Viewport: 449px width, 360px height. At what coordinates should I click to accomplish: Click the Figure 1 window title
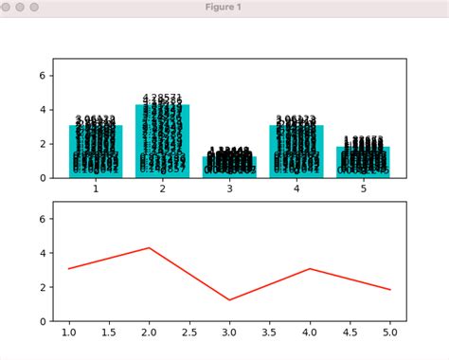tap(224, 8)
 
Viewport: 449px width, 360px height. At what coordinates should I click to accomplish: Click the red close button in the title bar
tap(8, 8)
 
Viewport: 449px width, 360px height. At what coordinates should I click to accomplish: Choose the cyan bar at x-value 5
tap(363, 162)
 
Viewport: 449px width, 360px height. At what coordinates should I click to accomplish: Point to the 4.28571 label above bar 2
tap(163, 98)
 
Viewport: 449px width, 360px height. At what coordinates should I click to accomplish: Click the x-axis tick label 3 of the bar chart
tap(229, 189)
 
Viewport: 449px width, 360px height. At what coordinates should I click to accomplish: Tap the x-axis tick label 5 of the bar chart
tap(363, 189)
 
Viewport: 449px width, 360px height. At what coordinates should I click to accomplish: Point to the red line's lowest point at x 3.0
tap(229, 300)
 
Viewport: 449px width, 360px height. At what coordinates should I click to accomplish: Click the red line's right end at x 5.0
tap(389, 289)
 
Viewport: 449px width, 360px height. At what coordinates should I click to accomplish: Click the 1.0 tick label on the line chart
tap(69, 333)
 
